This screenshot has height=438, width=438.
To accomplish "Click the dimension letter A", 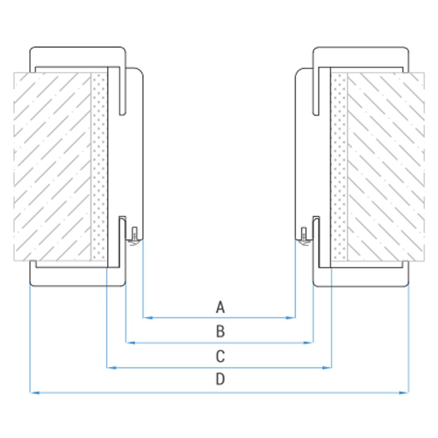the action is (x=220, y=307).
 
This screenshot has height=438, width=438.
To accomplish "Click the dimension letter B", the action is (x=220, y=332).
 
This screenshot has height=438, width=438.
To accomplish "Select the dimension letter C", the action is (x=220, y=357).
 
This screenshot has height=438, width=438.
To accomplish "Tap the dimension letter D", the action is (x=220, y=379).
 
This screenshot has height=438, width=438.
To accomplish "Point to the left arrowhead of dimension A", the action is (x=148, y=318).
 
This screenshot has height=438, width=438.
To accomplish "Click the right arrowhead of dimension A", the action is (x=291, y=318).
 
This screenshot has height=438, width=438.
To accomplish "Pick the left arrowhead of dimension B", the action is (x=131, y=343).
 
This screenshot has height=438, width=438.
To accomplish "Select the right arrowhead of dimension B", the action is (x=309, y=343).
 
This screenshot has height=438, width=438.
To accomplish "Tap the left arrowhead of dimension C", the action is (x=111, y=368).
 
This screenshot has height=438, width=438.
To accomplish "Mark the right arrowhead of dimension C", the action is (x=327, y=368).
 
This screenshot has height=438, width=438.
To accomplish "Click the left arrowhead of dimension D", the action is (x=35, y=393).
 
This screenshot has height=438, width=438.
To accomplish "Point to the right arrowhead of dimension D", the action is (x=404, y=393).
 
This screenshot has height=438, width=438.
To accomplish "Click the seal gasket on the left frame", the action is (x=134, y=237).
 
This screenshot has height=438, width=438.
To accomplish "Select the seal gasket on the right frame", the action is (x=304, y=237).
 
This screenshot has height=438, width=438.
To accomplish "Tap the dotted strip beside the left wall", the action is (x=99, y=167).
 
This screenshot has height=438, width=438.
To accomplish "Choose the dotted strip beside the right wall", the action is (x=339, y=167).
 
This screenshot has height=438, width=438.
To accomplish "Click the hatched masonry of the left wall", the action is (x=52, y=167).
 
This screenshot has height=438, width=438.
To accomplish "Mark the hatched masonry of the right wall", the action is (x=386, y=167).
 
